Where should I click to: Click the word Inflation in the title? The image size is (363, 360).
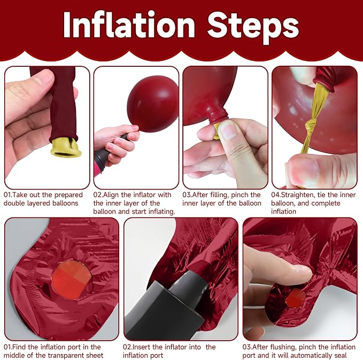(129, 25)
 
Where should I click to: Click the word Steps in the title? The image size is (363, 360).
(253, 27)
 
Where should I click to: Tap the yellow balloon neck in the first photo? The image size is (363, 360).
(66, 147)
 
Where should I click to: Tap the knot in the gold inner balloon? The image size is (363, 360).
(312, 127)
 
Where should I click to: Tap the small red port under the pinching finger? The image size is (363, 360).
(295, 298)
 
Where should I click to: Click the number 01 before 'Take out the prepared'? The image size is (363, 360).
(7, 195)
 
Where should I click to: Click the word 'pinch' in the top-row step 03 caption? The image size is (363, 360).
(240, 195)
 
